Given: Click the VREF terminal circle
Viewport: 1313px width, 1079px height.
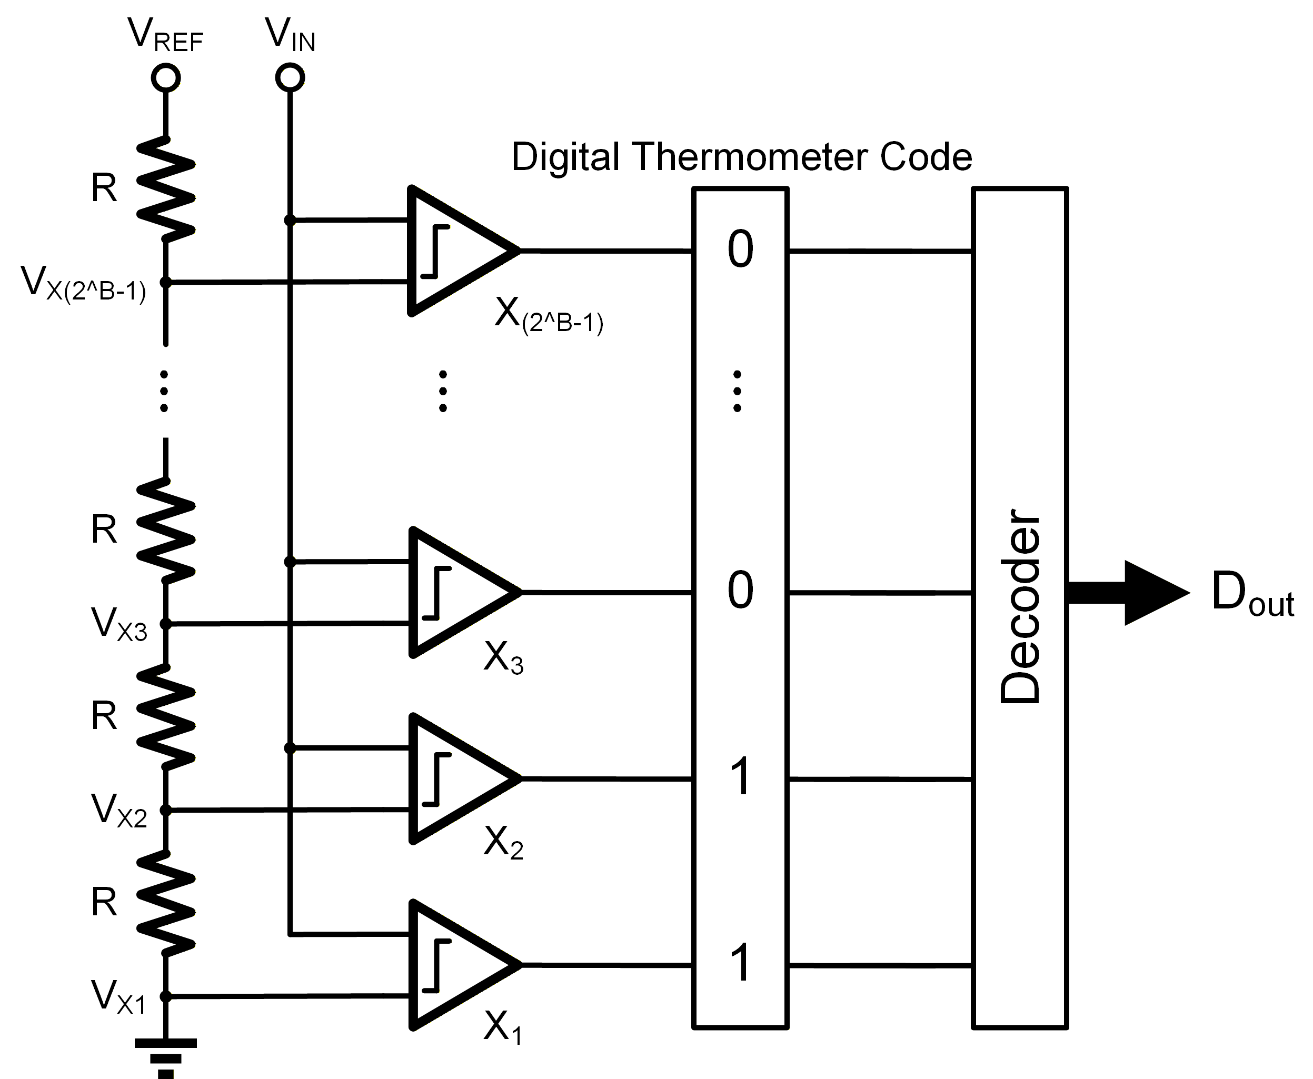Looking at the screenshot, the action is (166, 78).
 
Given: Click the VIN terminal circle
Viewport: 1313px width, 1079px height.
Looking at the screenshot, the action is (290, 78).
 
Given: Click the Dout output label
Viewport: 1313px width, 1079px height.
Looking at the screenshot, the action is (1252, 594).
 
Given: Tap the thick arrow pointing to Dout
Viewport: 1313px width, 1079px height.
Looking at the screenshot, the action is (1128, 593).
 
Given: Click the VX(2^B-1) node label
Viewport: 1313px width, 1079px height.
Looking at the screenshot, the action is (83, 283).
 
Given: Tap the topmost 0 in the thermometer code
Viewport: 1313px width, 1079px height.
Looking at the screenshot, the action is (740, 249).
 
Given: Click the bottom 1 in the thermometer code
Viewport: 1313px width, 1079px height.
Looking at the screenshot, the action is (740, 963).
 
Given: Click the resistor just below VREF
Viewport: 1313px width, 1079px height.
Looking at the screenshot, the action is (166, 189).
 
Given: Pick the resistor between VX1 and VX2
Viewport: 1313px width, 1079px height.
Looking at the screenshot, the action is (166, 903).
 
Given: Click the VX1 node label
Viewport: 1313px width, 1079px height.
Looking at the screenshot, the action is (118, 997).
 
